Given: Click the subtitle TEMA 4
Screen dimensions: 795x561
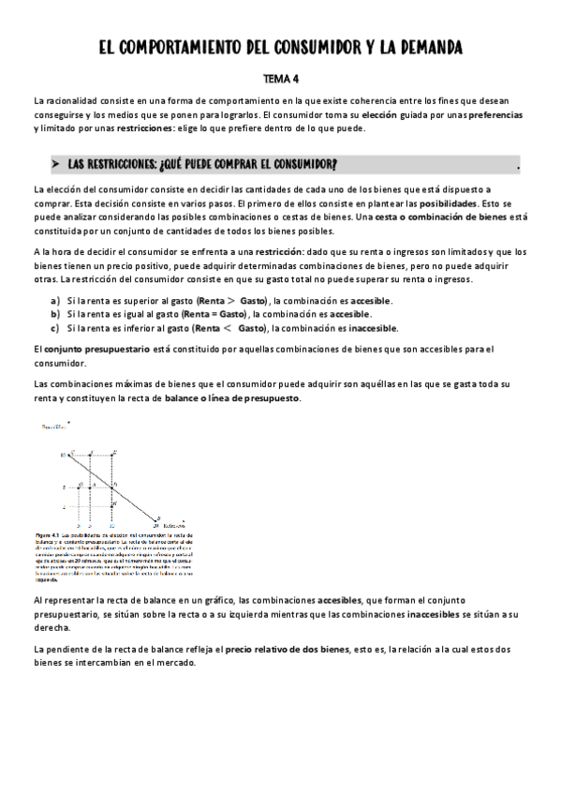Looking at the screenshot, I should pyautogui.click(x=280, y=80).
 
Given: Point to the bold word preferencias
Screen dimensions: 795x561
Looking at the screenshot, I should pyautogui.click(x=491, y=114).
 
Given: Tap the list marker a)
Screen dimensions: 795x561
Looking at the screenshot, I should pyautogui.click(x=56, y=300).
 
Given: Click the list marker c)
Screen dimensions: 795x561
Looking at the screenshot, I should pyautogui.click(x=56, y=328).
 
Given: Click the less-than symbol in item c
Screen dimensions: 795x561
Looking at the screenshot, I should pyautogui.click(x=228, y=328).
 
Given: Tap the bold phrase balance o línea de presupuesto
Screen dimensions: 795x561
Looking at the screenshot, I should pyautogui.click(x=244, y=398).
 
